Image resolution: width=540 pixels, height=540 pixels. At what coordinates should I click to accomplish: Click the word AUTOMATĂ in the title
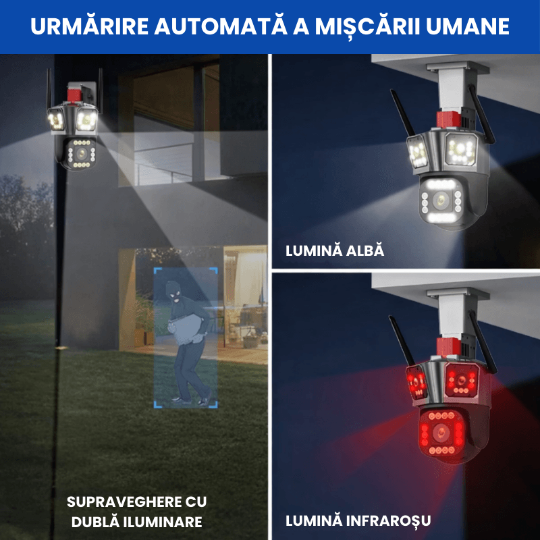[x=221, y=26]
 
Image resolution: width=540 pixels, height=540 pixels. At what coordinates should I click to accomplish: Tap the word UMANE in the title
[x=468, y=26]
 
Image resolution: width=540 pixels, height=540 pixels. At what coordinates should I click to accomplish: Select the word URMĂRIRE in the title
[x=90, y=26]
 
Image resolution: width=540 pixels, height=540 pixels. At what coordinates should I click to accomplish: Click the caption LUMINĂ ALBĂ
[x=335, y=250]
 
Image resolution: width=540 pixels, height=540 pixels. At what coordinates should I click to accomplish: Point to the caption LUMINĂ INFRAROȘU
[x=358, y=520]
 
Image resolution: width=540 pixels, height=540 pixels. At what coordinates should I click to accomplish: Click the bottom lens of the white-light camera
[x=441, y=200]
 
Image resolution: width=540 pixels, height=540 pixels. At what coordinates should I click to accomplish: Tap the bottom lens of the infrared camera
[x=441, y=431]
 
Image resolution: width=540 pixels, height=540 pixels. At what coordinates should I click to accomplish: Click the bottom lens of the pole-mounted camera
[x=82, y=153]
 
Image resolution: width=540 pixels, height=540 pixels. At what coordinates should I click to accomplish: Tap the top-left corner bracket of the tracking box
[x=157, y=271]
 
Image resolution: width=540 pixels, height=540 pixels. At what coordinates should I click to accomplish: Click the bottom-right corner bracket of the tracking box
[x=214, y=404]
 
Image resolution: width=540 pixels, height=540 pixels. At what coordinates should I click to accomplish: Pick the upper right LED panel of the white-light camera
[x=461, y=148]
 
